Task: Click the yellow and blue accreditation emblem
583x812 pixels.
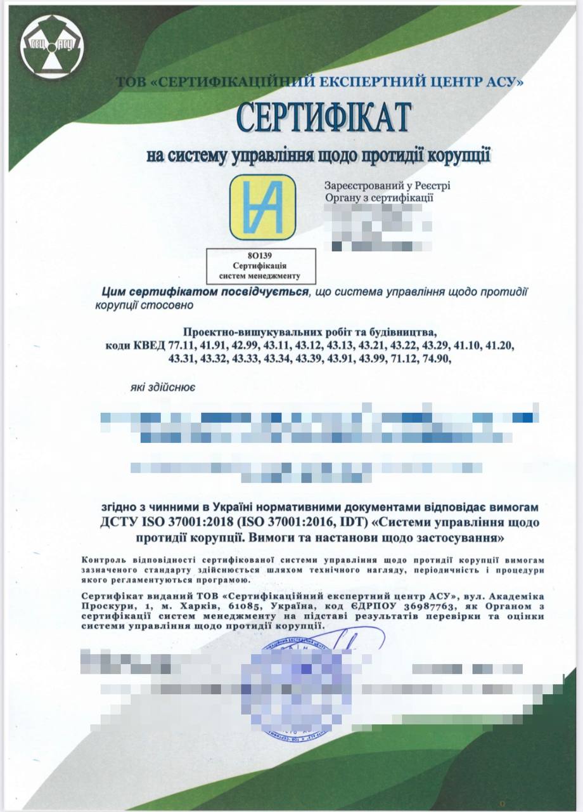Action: pos(262,207)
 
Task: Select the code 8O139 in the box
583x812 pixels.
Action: pos(260,255)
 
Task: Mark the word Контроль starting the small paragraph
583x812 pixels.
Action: pos(104,561)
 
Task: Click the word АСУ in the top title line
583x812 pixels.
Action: pos(501,81)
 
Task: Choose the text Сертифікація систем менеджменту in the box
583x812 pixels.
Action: pos(260,270)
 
